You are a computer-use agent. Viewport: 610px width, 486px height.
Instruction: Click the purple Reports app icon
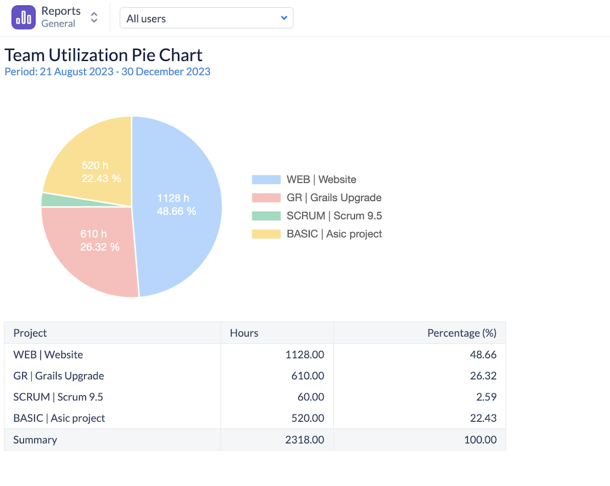pos(23,18)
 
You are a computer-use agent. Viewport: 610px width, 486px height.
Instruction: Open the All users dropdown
pos(206,18)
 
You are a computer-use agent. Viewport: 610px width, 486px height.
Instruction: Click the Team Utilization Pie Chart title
pos(104,55)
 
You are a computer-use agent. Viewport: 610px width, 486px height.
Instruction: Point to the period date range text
pos(107,71)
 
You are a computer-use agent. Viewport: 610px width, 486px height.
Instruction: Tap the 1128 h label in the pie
pos(173,198)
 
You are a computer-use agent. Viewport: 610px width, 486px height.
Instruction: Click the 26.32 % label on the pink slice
pos(100,247)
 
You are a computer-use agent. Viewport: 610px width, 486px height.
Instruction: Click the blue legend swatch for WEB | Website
pos(266,179)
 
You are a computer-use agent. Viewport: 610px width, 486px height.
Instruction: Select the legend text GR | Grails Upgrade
pos(334,198)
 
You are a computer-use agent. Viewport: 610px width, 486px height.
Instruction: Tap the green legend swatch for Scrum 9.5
pos(266,216)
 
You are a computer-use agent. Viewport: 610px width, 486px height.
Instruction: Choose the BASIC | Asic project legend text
pos(334,234)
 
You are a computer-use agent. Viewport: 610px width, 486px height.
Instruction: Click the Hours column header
pos(244,333)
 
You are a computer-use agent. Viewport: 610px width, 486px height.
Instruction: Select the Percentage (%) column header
pos(462,333)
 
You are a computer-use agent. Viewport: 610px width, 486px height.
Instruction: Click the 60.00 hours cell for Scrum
pos(308,397)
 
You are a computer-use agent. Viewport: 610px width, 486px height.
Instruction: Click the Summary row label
pos(35,440)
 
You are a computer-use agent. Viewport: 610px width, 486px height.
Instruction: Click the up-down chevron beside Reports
pos(94,18)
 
